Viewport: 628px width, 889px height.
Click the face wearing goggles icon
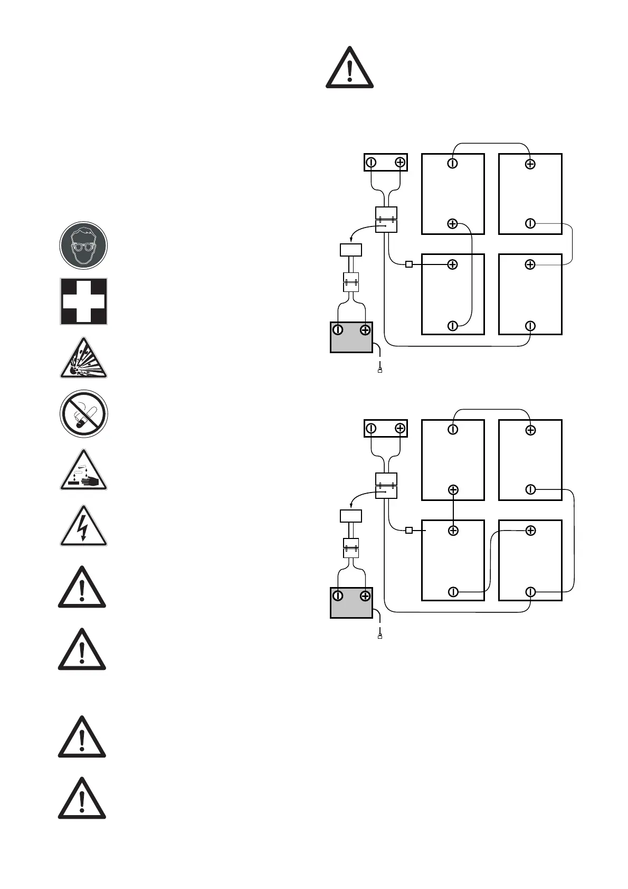(83, 245)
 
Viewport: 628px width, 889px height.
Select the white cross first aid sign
(83, 301)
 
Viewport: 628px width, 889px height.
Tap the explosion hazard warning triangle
(83, 360)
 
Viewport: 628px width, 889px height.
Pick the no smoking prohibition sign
(83, 414)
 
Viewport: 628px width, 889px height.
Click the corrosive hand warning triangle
(83, 471)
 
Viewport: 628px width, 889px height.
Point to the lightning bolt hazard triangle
(83, 527)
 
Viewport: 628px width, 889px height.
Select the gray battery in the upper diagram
(351, 337)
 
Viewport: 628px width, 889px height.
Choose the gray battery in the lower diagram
(351, 603)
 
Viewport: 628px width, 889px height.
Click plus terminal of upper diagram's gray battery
(365, 330)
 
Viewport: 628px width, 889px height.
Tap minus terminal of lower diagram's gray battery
(338, 596)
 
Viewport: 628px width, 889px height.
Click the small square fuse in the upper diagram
(408, 264)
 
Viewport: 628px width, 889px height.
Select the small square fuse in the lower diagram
(408, 530)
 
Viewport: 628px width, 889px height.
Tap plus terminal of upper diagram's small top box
(400, 163)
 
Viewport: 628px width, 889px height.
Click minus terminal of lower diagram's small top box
(372, 429)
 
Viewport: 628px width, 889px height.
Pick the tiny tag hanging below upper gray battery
(380, 371)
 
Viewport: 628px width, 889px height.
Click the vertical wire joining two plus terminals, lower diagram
(453, 510)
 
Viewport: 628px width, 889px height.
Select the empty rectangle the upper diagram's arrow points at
(351, 250)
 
